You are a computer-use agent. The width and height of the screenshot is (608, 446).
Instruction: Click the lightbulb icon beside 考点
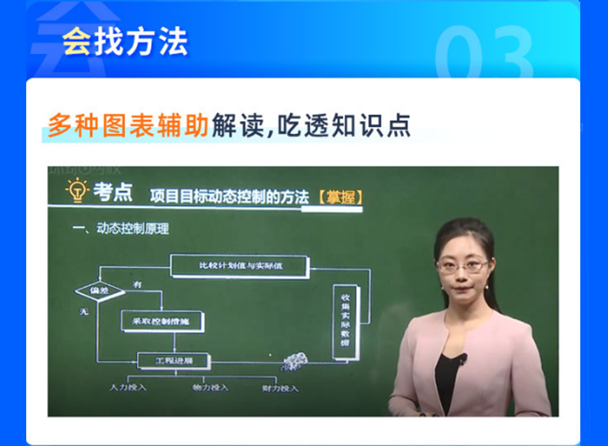pos(78,189)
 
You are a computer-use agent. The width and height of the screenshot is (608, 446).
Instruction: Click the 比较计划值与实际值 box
pos(240,266)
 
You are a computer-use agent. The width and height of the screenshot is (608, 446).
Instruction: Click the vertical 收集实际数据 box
pos(345,322)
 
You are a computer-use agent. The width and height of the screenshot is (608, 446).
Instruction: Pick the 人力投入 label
pos(128,387)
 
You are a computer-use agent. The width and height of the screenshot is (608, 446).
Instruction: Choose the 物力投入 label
pos(210,387)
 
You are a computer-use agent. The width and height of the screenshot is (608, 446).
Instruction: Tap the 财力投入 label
pos(279,387)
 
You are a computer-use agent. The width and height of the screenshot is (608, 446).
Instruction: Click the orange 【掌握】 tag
pos(339,196)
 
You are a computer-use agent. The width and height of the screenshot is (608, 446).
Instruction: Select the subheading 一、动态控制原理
pos(119,228)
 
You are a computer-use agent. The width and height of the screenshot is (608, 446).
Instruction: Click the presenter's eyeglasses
pos(463,266)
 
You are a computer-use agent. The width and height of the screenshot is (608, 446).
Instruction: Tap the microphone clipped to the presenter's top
pos(463,359)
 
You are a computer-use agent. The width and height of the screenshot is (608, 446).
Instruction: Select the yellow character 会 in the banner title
pos(75,42)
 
